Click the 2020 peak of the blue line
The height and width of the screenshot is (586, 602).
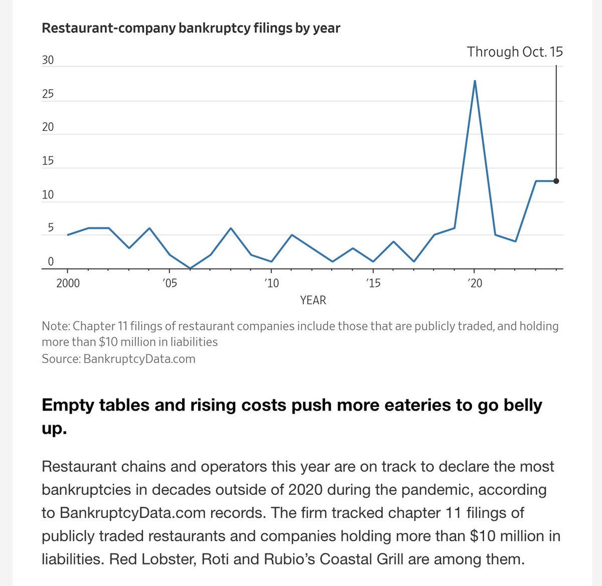(x=475, y=81)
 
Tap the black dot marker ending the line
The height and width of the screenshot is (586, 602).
(x=556, y=181)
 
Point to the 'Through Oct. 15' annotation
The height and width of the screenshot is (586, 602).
(x=515, y=52)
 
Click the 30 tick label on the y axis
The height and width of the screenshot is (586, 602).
(x=48, y=60)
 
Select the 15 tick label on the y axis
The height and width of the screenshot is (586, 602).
(x=48, y=161)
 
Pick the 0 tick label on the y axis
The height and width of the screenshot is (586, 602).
(x=51, y=262)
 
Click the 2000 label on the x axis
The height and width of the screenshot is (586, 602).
(x=68, y=284)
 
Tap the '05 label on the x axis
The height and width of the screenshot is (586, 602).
(x=170, y=284)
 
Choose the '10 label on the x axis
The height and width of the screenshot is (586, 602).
(x=271, y=284)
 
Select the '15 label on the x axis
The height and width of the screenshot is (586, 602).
(x=373, y=284)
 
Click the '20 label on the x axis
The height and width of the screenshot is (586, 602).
(x=475, y=284)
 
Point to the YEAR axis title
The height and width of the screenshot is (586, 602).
(x=313, y=300)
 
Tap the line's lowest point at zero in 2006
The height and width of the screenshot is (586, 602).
(x=190, y=268)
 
